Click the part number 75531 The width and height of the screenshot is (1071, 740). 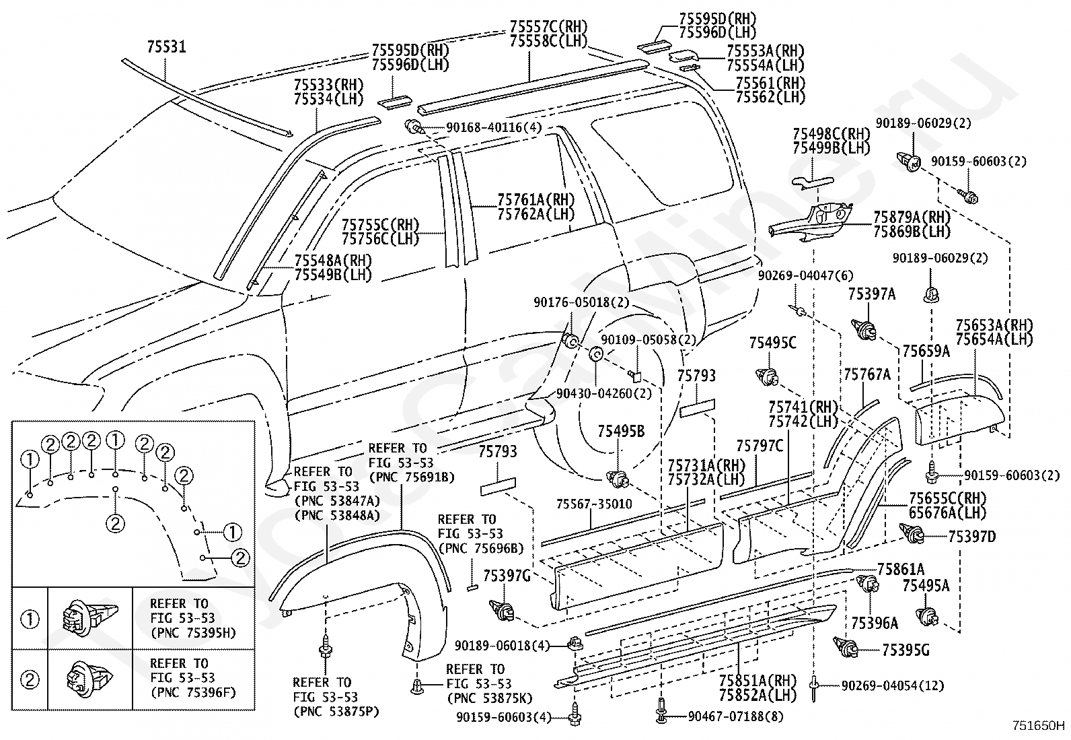(x=166, y=47)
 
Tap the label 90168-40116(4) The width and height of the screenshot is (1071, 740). (x=494, y=127)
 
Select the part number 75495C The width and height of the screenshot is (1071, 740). (x=773, y=343)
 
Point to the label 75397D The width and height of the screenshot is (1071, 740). (x=972, y=537)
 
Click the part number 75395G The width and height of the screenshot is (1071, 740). (x=906, y=650)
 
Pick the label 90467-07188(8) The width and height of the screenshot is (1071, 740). (x=736, y=716)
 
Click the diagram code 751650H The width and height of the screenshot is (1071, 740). (x=1041, y=726)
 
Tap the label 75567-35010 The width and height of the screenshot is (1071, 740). (x=594, y=504)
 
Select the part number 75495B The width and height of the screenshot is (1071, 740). (x=621, y=431)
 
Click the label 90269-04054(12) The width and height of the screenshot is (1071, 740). (x=893, y=686)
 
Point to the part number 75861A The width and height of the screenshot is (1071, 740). (x=901, y=569)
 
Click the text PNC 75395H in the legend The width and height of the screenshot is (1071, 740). (x=193, y=633)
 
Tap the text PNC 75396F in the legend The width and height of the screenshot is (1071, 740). (x=193, y=693)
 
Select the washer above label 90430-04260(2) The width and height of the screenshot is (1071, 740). (x=596, y=354)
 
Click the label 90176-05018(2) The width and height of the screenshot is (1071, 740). (x=581, y=302)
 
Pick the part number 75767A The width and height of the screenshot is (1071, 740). (x=867, y=374)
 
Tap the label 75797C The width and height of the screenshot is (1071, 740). (x=760, y=446)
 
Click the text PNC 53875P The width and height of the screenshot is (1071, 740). (x=336, y=712)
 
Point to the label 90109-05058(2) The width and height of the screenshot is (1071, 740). (x=649, y=340)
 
